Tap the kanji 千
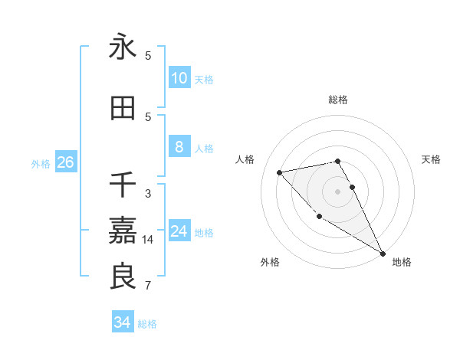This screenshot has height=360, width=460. [123, 184]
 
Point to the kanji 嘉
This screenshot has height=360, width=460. [123, 230]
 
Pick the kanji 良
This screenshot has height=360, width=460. [123, 276]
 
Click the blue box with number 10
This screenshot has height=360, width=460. [179, 78]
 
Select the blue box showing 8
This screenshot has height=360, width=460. [179, 148]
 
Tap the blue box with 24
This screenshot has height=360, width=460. [179, 232]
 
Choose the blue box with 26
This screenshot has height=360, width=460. [65, 163]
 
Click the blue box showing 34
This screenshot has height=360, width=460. [122, 322]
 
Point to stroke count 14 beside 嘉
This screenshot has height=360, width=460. [147, 240]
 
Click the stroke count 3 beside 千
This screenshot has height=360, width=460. [148, 194]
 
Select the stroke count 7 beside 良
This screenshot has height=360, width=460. [148, 286]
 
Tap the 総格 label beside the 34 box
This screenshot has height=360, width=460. [147, 324]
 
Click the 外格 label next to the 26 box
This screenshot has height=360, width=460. [41, 164]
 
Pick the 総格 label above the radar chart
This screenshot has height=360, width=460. [338, 100]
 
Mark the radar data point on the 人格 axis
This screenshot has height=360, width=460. [281, 172]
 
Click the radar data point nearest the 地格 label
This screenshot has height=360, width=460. [383, 254]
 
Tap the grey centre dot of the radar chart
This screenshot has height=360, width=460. [338, 191]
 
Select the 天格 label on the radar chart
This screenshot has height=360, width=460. [432, 159]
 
